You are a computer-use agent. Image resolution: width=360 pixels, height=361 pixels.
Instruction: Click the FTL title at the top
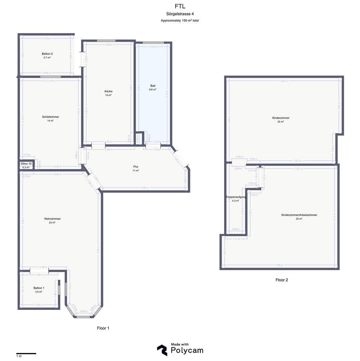180,6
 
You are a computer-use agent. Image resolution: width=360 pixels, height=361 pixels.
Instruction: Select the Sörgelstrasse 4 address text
180,14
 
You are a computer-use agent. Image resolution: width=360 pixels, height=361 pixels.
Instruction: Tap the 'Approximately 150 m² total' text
180,21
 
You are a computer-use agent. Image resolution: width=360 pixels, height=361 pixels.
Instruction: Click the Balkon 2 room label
47,53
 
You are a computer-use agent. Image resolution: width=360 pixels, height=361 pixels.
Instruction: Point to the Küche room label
108,91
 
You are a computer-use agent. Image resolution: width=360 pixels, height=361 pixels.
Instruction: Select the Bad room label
153,86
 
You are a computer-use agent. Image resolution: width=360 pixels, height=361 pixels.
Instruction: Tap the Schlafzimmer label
51,117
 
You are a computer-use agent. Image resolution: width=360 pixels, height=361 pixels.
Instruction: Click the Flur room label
136,166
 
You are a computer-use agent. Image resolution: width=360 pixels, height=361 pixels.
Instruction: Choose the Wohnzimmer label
52,219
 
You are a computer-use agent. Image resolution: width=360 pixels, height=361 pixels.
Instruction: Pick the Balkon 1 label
39,288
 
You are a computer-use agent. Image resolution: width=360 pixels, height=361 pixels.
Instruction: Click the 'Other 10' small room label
26,163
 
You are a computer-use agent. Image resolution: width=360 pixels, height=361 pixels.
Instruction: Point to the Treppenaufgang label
236,197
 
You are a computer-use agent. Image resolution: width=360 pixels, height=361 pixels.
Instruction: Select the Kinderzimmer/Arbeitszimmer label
299,215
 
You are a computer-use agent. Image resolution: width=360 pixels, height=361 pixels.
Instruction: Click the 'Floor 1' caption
103,328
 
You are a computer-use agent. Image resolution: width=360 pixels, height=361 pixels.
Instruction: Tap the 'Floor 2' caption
281,280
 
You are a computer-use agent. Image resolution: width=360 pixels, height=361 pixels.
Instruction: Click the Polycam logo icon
162,350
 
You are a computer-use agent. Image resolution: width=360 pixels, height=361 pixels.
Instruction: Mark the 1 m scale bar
26,353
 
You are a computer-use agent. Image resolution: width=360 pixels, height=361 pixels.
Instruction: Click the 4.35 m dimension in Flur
145,188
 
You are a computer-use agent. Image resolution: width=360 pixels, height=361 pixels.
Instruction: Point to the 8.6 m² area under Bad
153,90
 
